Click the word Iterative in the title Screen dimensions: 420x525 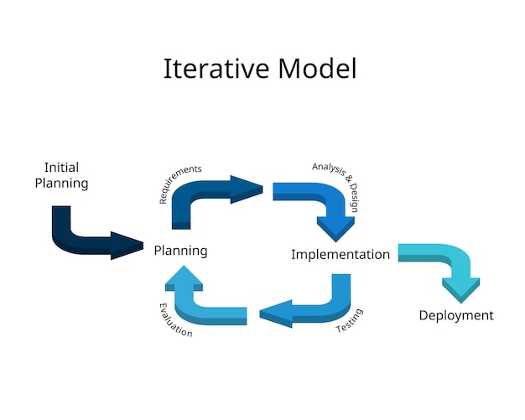click(x=211, y=69)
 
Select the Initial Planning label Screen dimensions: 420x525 click(x=61, y=175)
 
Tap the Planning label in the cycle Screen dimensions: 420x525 click(x=180, y=251)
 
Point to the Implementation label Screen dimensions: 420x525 click(x=340, y=254)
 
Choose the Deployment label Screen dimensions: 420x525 click(x=456, y=315)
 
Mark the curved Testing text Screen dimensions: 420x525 click(x=350, y=321)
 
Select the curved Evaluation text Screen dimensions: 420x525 click(x=174, y=320)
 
